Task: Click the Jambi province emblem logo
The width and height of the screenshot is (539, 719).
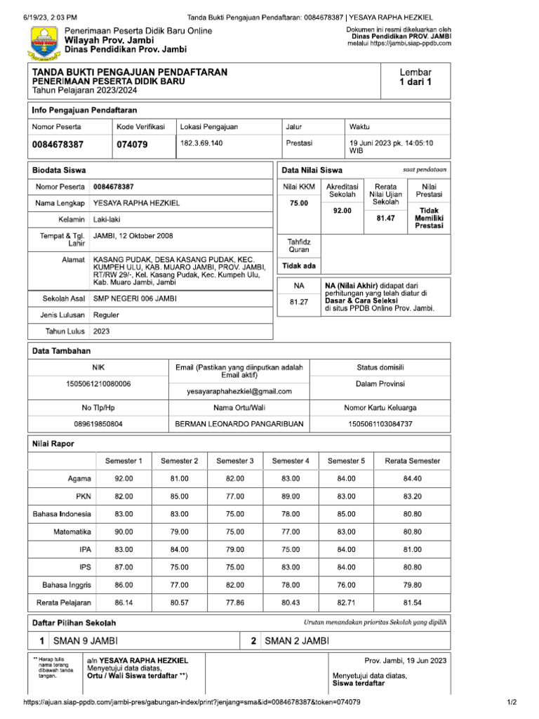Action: click(44, 41)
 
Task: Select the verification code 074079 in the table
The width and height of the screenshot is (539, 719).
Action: click(132, 145)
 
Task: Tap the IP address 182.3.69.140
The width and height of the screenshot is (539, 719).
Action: click(201, 143)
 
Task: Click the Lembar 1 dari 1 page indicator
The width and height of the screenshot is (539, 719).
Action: click(415, 77)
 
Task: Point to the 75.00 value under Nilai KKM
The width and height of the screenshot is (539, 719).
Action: click(298, 203)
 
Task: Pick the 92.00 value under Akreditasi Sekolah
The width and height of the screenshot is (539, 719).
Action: click(342, 210)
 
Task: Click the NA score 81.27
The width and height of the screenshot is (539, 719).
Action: click(298, 303)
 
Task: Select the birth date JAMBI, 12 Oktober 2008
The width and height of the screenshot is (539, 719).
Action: click(133, 236)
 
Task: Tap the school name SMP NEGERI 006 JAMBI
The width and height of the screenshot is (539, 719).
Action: click(135, 298)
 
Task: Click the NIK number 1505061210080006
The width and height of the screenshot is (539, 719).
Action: click(98, 383)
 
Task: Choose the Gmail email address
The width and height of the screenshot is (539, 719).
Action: click(239, 391)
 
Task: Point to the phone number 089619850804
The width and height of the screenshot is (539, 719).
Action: click(98, 424)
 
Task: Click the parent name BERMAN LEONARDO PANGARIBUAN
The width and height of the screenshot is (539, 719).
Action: click(239, 424)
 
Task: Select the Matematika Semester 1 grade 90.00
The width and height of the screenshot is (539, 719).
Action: click(124, 532)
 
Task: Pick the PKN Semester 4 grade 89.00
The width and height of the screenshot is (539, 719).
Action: click(291, 496)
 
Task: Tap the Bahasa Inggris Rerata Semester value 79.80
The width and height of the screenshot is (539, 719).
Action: click(412, 584)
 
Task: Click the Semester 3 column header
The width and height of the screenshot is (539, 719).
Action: click(235, 461)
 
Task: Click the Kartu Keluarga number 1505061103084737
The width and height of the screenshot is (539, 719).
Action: click(380, 424)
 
